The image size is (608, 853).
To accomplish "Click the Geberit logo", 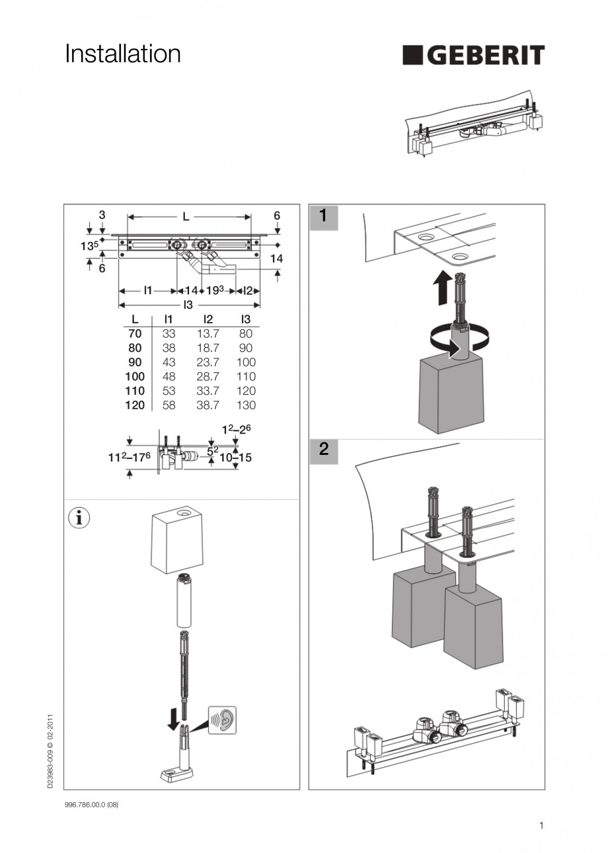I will pyautogui.click(x=473, y=56).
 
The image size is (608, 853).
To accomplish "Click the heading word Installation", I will pyautogui.click(x=122, y=54).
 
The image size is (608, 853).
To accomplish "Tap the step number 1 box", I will pyautogui.click(x=323, y=216).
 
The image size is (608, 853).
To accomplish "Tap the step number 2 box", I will pyautogui.click(x=323, y=450).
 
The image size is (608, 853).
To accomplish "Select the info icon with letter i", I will pyautogui.click(x=79, y=518).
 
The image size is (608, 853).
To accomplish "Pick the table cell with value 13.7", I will pyautogui.click(x=208, y=334).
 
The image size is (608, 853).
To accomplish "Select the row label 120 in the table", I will pyautogui.click(x=135, y=405).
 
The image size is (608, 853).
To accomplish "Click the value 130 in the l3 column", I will pyautogui.click(x=246, y=405).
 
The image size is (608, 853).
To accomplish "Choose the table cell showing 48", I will pyautogui.click(x=169, y=377).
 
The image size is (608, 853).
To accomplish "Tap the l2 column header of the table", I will pyautogui.click(x=208, y=319).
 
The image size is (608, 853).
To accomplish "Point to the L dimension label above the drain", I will pyautogui.click(x=186, y=216).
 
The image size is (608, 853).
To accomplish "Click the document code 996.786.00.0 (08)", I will pyautogui.click(x=91, y=805).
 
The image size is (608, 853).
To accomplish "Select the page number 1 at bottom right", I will pyautogui.click(x=541, y=825).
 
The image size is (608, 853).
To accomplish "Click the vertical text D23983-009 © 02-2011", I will pyautogui.click(x=51, y=751).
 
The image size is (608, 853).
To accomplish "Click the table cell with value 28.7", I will pyautogui.click(x=208, y=377).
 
